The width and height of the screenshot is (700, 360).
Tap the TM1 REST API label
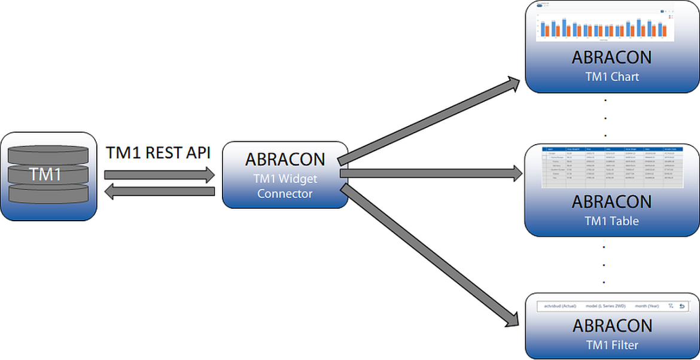(x=158, y=152)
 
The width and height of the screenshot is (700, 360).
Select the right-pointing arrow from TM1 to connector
(x=159, y=175)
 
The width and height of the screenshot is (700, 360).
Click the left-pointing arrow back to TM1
(x=159, y=191)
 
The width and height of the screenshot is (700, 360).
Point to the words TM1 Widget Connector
(x=285, y=186)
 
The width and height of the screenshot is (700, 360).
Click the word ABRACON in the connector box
(x=285, y=160)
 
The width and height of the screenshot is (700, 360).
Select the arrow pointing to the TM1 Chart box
(x=428, y=120)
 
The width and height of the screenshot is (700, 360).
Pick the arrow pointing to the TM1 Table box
(x=431, y=173)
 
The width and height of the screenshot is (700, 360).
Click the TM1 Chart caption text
(x=611, y=77)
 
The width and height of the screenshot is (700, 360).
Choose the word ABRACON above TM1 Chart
(x=611, y=58)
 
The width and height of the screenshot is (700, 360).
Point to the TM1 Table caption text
(x=611, y=221)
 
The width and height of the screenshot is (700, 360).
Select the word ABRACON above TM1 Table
(x=611, y=202)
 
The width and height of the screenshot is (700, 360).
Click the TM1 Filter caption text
(x=611, y=345)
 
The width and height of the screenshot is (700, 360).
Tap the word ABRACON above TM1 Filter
(x=611, y=326)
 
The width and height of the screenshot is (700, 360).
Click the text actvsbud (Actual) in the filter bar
(x=560, y=306)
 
